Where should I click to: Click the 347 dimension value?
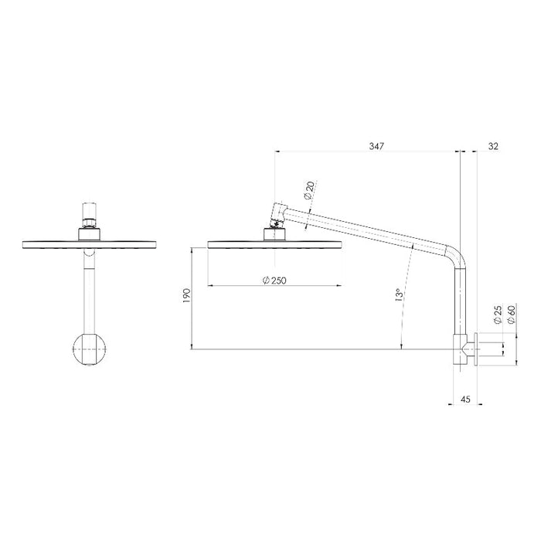click(x=376, y=145)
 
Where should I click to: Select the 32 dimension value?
click(x=494, y=145)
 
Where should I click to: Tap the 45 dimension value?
click(x=464, y=399)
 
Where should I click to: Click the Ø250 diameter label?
click(x=275, y=280)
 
